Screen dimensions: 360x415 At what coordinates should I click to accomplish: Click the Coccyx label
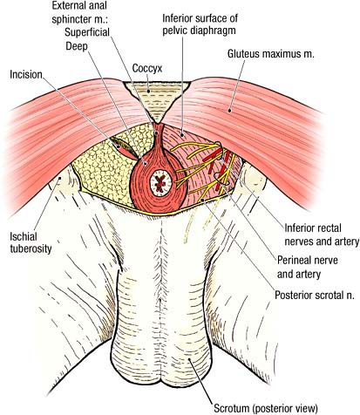click(x=147, y=69)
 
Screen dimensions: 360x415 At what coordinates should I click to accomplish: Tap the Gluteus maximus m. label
click(x=271, y=54)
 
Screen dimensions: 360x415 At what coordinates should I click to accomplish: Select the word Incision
click(x=26, y=75)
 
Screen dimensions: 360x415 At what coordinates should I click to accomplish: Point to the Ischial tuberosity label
click(x=31, y=243)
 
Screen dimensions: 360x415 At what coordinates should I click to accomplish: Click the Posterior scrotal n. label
click(x=315, y=296)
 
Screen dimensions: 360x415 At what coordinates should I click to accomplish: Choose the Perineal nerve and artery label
click(x=308, y=267)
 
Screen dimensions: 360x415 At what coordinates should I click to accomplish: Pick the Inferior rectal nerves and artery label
click(x=322, y=235)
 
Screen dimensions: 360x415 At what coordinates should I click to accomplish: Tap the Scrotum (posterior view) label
click(x=266, y=408)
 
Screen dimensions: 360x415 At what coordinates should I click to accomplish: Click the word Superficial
click(x=87, y=32)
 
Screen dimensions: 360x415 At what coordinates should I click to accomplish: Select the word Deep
click(x=77, y=46)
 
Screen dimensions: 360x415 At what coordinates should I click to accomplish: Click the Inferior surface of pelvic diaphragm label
click(x=200, y=24)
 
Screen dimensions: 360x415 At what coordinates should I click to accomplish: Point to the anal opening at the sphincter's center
click(x=160, y=184)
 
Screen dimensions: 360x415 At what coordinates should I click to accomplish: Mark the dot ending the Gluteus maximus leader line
click(x=229, y=110)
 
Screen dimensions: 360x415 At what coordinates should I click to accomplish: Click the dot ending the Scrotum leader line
click(x=189, y=360)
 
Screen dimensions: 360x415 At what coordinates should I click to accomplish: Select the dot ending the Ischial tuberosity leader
click(x=59, y=178)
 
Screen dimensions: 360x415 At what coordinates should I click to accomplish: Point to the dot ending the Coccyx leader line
click(x=148, y=91)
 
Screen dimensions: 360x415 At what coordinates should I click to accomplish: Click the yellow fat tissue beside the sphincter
click(x=105, y=172)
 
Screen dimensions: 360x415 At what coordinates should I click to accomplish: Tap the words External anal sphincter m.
click(x=79, y=12)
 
